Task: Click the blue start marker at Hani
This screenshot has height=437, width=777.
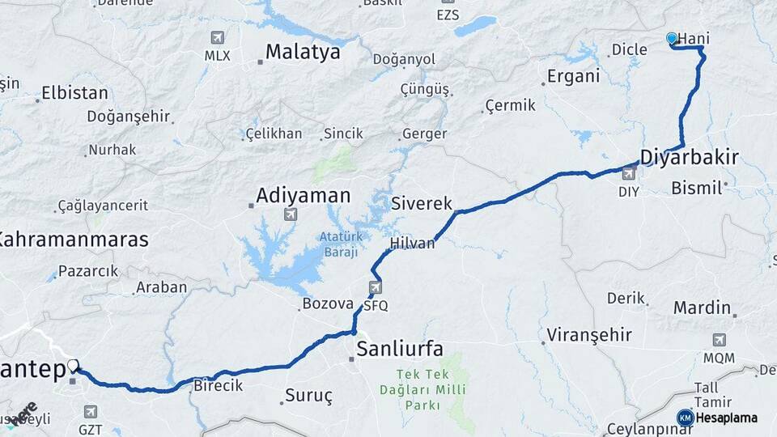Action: pos(671,38)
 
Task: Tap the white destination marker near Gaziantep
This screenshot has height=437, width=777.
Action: pos(73,366)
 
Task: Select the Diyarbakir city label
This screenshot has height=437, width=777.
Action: pos(689,156)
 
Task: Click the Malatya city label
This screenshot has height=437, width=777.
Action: pos(303,53)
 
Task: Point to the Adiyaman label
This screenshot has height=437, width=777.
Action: pos(303,195)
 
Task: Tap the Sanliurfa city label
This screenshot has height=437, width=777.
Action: pos(400,349)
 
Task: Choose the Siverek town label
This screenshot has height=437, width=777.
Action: pos(421,203)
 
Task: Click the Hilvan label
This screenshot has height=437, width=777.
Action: pos(412,243)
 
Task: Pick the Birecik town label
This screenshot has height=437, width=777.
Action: pos(218,385)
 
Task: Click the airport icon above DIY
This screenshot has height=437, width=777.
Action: pos(628,173)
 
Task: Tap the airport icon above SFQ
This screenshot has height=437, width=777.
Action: pos(376,287)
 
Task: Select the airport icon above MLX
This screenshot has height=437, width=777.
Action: pos(217,37)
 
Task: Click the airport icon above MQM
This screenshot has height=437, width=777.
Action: pos(719,340)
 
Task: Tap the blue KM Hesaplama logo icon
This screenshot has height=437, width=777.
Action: pos(686,418)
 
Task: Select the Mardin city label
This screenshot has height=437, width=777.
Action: pos(702,308)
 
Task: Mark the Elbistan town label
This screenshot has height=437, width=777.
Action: pos(74,92)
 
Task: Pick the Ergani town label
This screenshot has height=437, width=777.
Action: pos(573,77)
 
